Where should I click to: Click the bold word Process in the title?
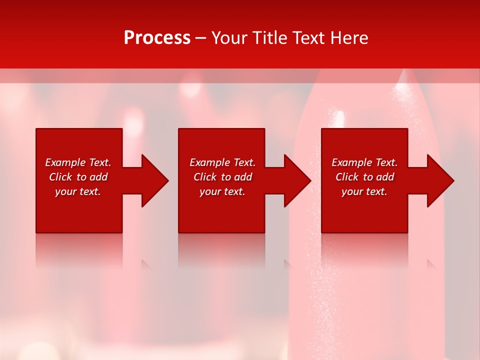[x=157, y=38]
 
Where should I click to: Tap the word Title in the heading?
[x=269, y=38]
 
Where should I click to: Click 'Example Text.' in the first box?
[x=78, y=162]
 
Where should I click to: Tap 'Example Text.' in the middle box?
[x=222, y=162]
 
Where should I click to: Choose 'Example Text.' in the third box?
[x=364, y=162]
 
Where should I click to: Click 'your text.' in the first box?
[x=78, y=191]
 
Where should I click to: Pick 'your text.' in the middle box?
[x=222, y=191]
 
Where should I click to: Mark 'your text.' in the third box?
[x=364, y=191]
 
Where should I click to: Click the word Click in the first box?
[x=60, y=177]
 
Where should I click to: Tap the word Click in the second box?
[x=205, y=177]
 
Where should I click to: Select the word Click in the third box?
[x=347, y=177]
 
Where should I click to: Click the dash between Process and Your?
[x=200, y=38]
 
